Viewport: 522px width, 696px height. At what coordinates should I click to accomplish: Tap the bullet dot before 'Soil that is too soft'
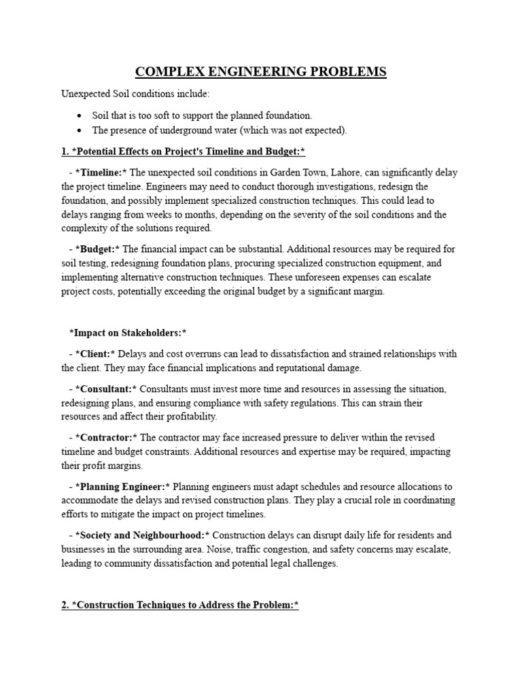[80, 116]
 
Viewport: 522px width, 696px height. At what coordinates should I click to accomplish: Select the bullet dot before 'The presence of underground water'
[80, 130]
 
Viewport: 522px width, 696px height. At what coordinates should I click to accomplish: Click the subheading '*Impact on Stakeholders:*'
[128, 332]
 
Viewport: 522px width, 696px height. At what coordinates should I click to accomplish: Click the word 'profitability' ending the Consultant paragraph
[192, 417]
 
